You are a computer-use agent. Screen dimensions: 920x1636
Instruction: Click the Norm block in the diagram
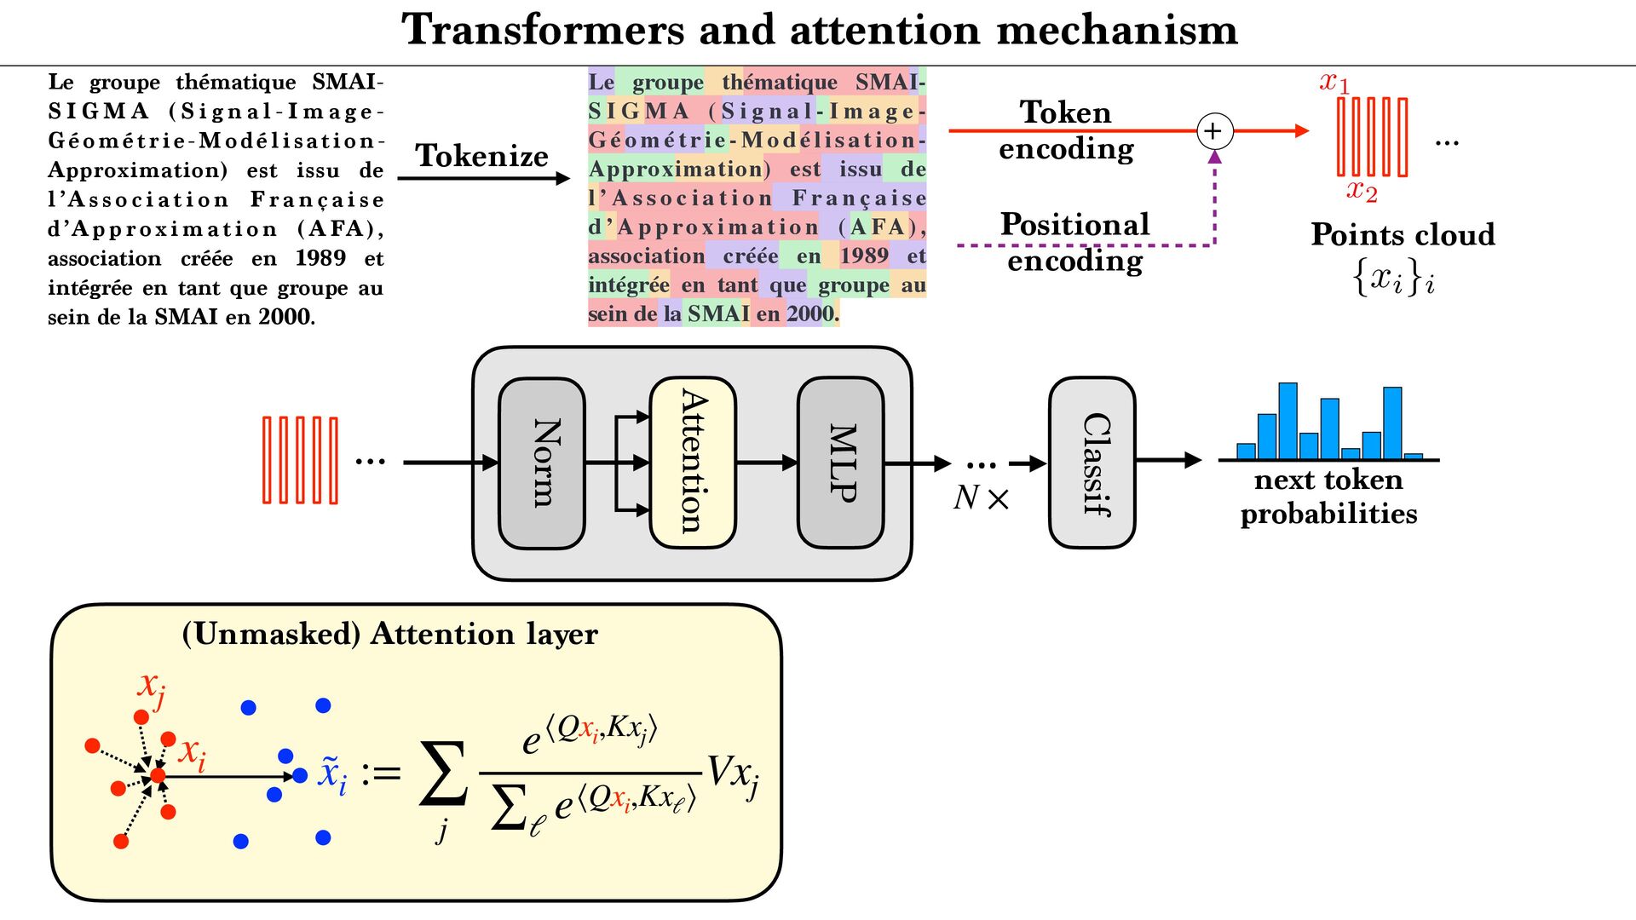click(x=542, y=463)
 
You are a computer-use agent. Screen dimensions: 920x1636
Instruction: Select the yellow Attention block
click(x=692, y=463)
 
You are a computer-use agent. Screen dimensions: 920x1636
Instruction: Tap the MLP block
click(x=840, y=463)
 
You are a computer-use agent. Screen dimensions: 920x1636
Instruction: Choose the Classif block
click(x=1092, y=463)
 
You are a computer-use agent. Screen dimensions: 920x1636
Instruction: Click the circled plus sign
click(x=1214, y=131)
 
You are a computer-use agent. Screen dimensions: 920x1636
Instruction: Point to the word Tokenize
click(x=481, y=156)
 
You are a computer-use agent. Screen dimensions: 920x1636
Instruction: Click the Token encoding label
click(x=1066, y=130)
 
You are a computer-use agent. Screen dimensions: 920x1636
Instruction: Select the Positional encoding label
click(x=1074, y=242)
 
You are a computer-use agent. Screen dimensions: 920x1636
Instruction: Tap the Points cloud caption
click(x=1403, y=234)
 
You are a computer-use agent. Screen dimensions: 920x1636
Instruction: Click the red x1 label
click(x=1334, y=83)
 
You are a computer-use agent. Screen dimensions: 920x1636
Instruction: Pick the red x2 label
click(x=1362, y=191)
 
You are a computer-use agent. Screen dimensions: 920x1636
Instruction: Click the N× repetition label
click(x=981, y=497)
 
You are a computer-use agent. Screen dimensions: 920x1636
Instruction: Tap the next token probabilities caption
click(x=1328, y=497)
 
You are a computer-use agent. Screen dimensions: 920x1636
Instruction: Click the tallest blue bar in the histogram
click(x=1287, y=422)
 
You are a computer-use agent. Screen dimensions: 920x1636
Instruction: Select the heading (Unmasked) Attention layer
click(x=390, y=634)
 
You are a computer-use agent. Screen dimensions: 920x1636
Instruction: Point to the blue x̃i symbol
click(x=332, y=773)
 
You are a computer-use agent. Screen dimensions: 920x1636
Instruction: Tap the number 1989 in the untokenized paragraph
click(x=320, y=258)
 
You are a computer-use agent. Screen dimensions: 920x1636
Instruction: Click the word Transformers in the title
click(x=543, y=30)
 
